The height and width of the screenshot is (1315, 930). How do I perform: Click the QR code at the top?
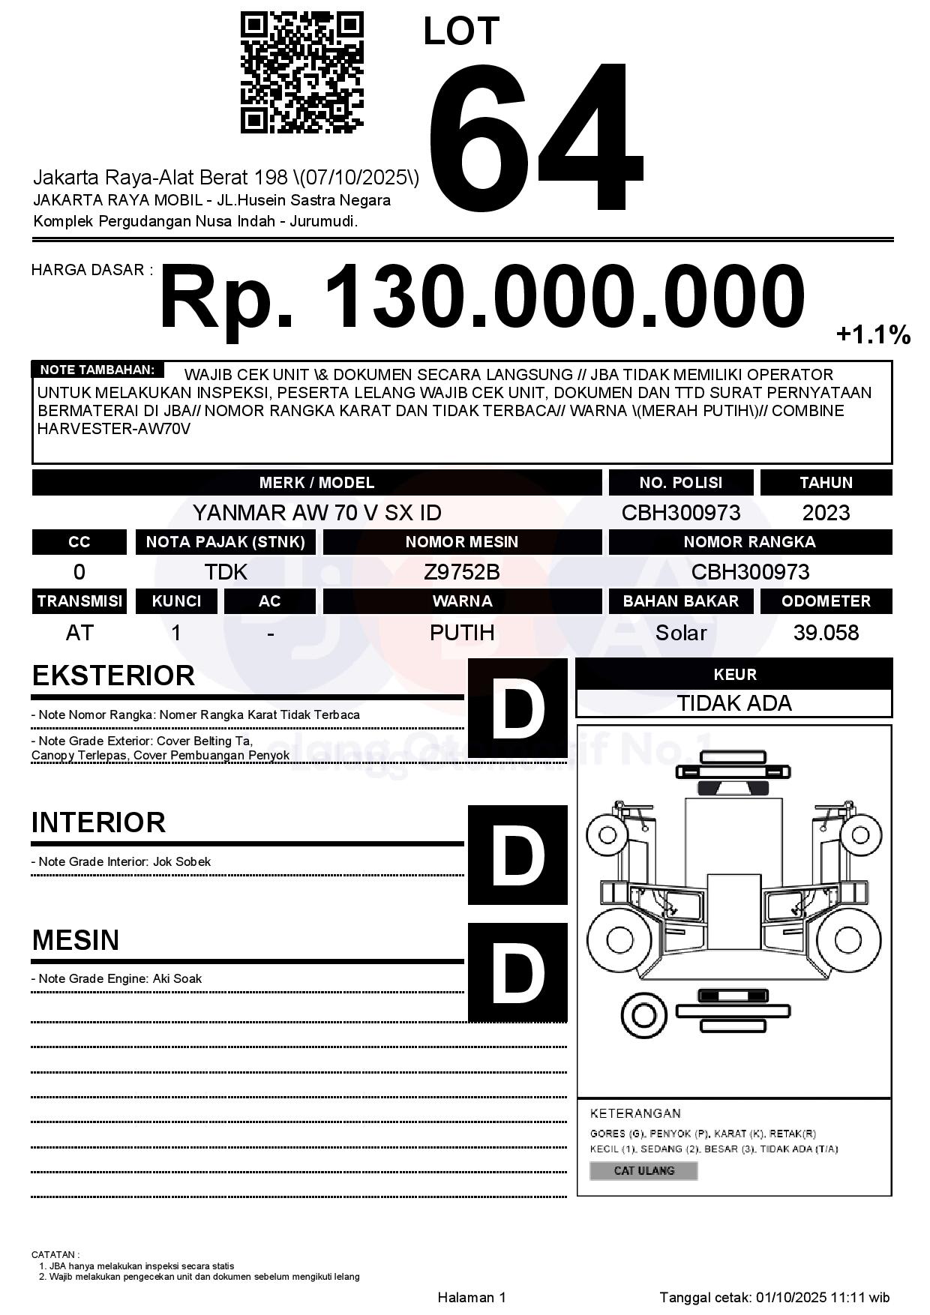301,73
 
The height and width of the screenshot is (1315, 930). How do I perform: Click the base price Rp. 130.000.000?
482,297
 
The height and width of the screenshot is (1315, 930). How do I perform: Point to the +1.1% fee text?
873,334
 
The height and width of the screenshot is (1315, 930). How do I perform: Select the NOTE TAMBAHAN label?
97,370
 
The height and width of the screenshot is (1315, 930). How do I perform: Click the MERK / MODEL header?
316,483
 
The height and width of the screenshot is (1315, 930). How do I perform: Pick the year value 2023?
826,513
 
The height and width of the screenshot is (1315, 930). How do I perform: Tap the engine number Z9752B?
462,572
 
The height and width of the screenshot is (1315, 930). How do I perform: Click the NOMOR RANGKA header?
749,542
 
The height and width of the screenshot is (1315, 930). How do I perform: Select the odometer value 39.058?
826,633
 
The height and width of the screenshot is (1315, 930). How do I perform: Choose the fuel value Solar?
680,633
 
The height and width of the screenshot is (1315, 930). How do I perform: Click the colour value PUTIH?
462,633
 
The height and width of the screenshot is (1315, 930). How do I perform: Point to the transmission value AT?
79,633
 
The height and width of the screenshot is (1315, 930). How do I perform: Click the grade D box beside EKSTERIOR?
517,708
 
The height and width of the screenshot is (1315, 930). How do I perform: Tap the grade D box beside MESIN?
517,972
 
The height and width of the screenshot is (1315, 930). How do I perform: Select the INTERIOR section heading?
98,822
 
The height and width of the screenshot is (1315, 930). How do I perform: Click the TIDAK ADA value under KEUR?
734,703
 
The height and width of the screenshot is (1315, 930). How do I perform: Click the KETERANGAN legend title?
635,1113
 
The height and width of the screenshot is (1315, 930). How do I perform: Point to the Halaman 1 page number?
472,1297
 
